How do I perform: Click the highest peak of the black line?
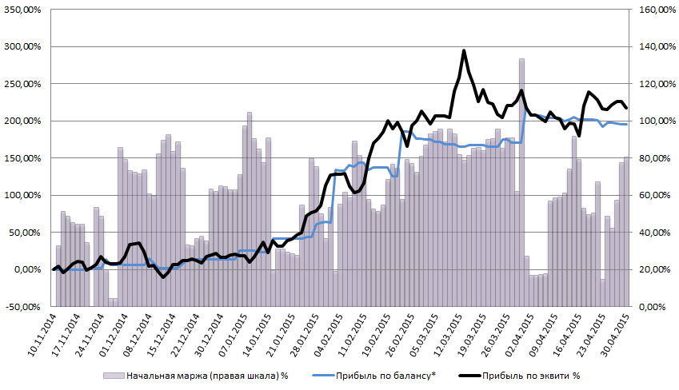tap(464, 51)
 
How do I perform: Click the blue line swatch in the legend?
tap(322, 375)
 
